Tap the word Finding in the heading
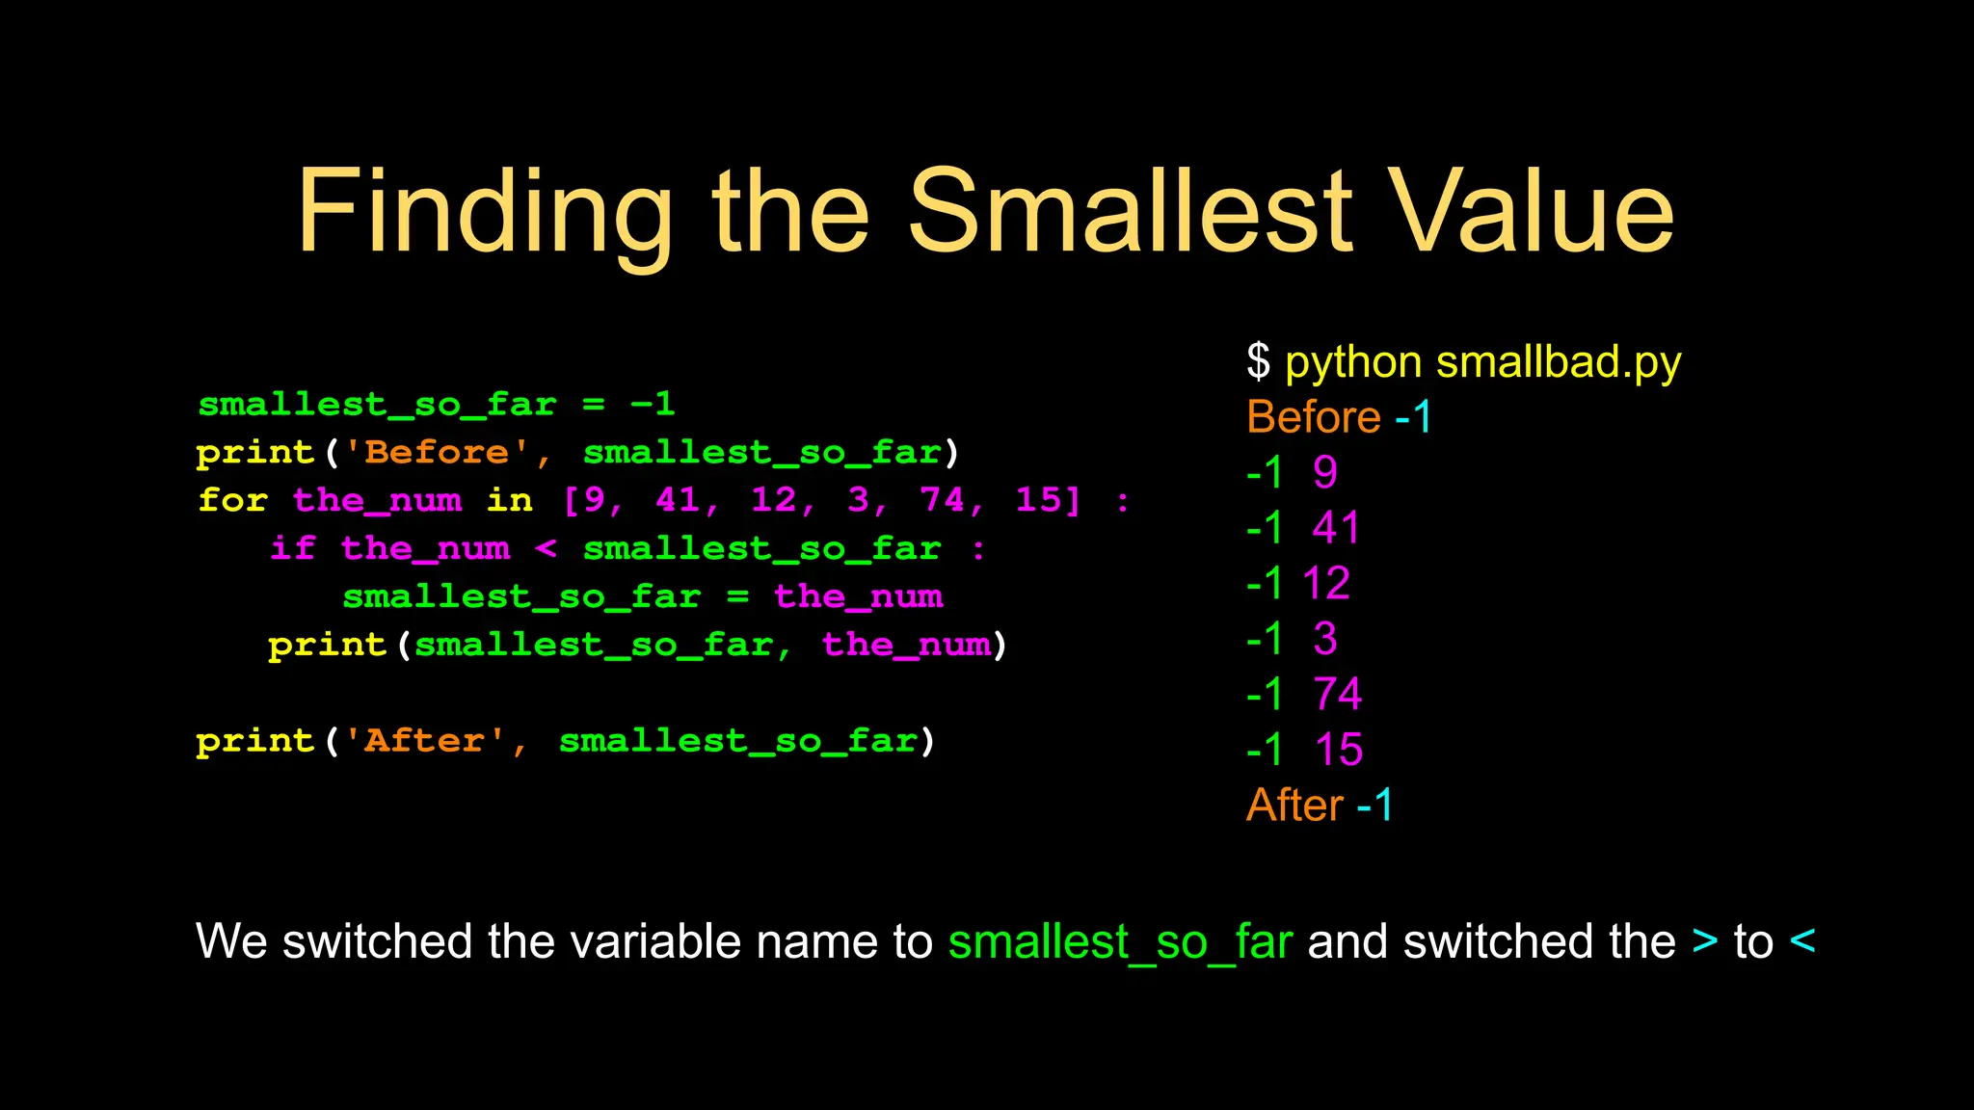[x=485, y=212]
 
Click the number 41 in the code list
[x=678, y=500]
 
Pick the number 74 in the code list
[x=942, y=500]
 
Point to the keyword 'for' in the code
[x=232, y=500]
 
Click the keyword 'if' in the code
[x=292, y=548]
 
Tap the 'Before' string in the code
[x=438, y=452]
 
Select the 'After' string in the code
[x=425, y=741]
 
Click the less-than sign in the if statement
[x=546, y=548]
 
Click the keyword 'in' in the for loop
[x=509, y=500]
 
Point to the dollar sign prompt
[x=1258, y=362]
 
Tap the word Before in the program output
[x=1313, y=417]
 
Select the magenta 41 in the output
[x=1336, y=528]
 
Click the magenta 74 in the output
[x=1337, y=694]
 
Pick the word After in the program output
[x=1294, y=805]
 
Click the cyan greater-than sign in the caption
[x=1704, y=941]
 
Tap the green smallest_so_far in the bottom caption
[x=1120, y=941]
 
